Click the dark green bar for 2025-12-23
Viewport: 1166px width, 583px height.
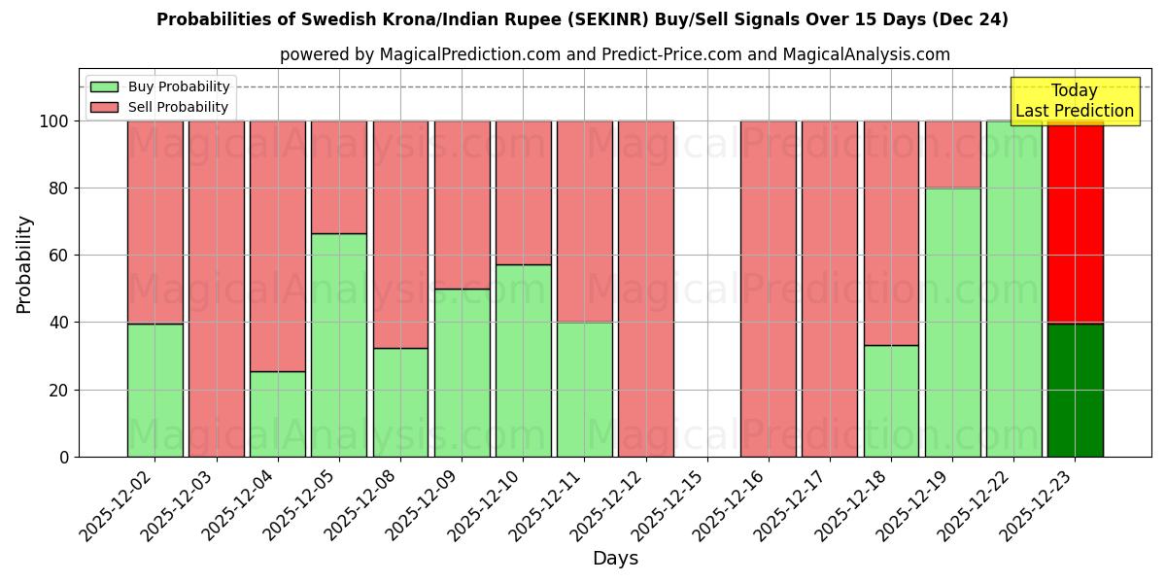[1075, 390]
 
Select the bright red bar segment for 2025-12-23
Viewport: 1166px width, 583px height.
[1075, 223]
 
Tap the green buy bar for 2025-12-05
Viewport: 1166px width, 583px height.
[339, 345]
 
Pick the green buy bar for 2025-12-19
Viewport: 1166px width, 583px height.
[952, 322]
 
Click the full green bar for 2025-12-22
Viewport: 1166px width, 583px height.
[1013, 289]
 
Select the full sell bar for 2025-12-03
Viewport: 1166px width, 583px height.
[216, 289]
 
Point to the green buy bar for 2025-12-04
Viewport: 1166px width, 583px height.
[277, 414]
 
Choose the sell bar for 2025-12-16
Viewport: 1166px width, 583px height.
[768, 289]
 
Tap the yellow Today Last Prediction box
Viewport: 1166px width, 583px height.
[1074, 101]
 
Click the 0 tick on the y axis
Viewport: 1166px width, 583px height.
[64, 457]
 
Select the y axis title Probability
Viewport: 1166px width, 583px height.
[24, 263]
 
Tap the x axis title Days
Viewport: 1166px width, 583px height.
[615, 559]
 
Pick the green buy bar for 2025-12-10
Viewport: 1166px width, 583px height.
[523, 360]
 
